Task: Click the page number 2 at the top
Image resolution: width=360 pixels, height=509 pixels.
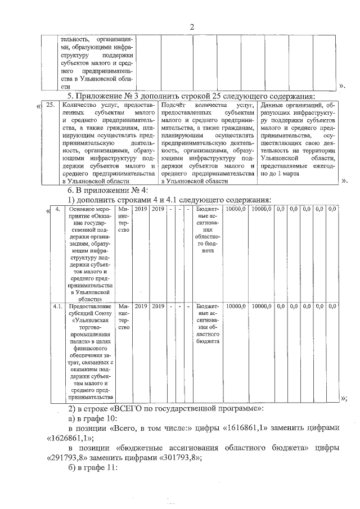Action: [192, 27]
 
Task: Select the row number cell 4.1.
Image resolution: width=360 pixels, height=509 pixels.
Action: [57, 307]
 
